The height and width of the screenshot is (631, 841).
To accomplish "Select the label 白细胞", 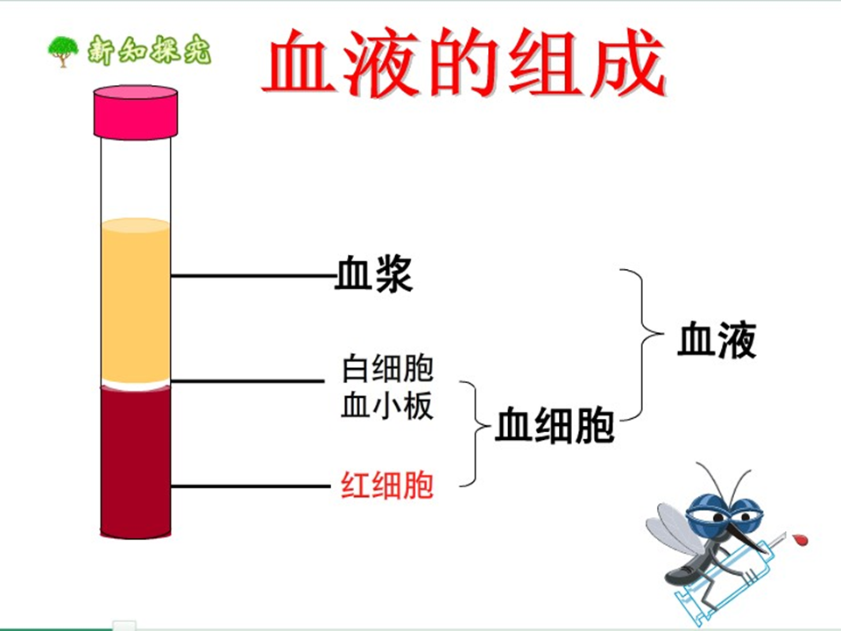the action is pos(387,368).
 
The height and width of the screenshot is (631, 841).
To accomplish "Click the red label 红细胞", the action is pos(387,486).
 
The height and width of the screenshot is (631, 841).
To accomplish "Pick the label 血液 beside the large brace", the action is pos(716,340).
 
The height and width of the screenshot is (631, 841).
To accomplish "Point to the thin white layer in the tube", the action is pos(136,384).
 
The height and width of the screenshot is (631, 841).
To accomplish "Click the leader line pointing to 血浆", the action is pos(254,276).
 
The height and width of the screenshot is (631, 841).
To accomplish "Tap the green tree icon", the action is pos(62,51).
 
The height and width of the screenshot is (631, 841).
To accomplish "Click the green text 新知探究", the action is pos(149,51).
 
